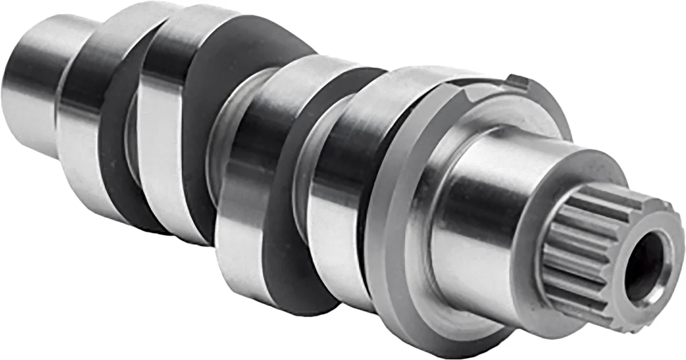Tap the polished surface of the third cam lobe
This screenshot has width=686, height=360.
tap(246, 189)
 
